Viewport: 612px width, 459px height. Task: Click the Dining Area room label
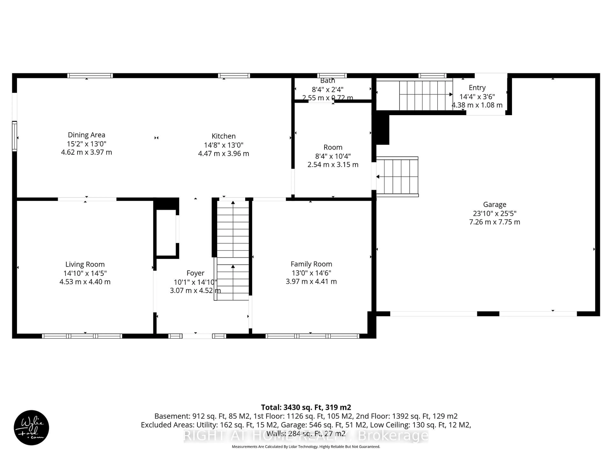pos(86,135)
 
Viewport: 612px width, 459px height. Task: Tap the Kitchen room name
pos(224,136)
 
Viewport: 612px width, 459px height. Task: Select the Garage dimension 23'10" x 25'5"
pos(494,213)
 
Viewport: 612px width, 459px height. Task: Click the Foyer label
pos(195,273)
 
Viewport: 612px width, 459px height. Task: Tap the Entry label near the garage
pos(477,88)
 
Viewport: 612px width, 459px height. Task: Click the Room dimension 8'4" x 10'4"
pos(333,156)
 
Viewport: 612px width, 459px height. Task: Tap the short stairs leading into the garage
pos(397,177)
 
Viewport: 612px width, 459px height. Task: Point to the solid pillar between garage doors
pos(488,314)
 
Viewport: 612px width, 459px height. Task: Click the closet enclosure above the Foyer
pos(166,232)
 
